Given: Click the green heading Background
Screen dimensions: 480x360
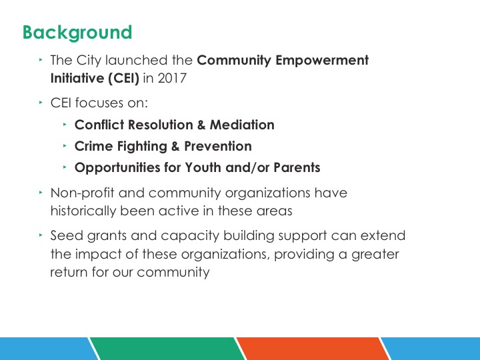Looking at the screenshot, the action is coord(77,33).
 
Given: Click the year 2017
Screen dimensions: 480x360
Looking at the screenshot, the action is coord(172,78).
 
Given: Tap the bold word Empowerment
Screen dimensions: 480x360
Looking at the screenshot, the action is coord(322,61).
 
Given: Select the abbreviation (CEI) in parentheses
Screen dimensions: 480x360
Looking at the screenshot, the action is coord(123,79).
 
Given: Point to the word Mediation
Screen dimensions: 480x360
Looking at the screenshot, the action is coord(242,125).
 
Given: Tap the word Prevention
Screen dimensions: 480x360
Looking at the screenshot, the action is coord(218,146).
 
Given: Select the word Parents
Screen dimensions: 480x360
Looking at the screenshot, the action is coord(297,167).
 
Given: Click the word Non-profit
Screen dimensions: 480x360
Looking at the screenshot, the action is coord(83,193).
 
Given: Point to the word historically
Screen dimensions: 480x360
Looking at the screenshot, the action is coord(83,211).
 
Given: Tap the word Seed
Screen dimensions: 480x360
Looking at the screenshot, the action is coord(67,236).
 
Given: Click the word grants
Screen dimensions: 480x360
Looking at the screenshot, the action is coord(107,237).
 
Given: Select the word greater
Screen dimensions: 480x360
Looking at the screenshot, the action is coord(375,255).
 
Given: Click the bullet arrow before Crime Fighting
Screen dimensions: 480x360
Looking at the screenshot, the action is coord(65,146).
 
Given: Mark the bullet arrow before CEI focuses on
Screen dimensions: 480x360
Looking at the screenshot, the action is coord(41,103).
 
